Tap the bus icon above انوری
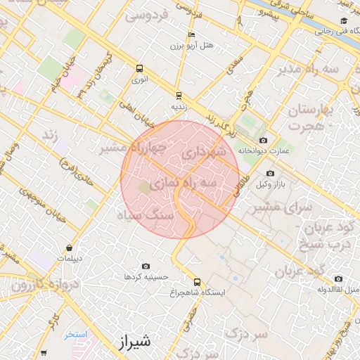139,69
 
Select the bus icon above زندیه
179,95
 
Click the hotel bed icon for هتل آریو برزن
192,34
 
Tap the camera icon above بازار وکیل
270,174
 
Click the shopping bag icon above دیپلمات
70,247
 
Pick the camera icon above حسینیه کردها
146,266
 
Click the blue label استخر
76,334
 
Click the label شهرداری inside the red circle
203,151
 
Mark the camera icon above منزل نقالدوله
339,278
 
